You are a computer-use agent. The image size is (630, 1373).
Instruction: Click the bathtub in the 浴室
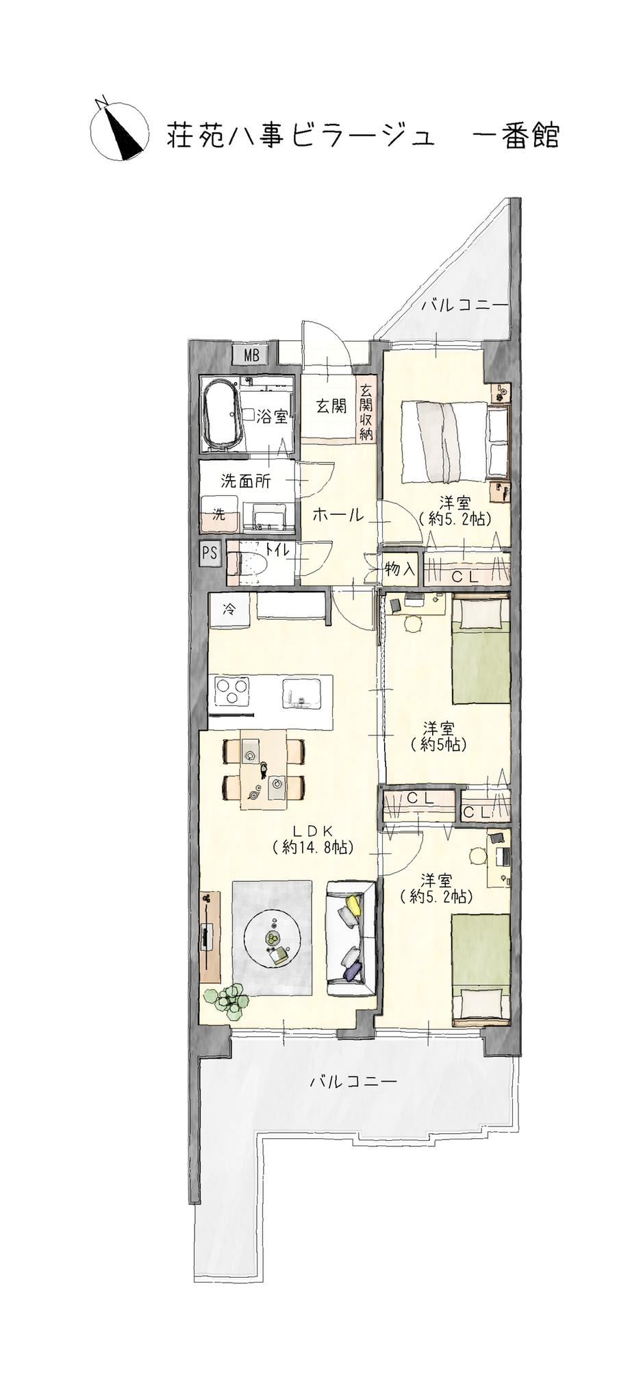(221, 414)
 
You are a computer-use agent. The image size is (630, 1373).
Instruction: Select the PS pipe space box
(210, 553)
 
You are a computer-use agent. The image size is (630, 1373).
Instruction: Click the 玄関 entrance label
(331, 406)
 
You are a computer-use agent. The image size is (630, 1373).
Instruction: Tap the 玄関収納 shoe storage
(366, 412)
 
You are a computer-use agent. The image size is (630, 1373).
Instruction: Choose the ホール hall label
(338, 516)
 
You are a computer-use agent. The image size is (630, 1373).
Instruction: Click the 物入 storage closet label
(400, 568)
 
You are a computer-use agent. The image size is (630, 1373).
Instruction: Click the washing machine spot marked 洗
(219, 515)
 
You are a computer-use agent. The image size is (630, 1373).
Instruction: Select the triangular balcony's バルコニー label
(465, 306)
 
